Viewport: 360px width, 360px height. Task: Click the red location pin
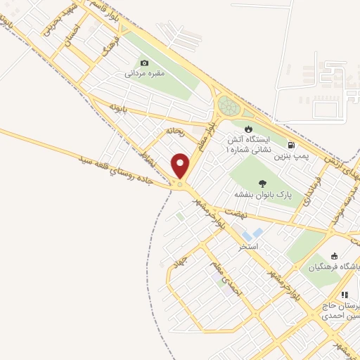pyautogui.click(x=181, y=166)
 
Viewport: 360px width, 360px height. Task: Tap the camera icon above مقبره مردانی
pyautogui.click(x=145, y=63)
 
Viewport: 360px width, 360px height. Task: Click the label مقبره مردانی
pyautogui.click(x=145, y=73)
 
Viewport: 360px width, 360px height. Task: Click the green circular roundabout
pyautogui.click(x=228, y=107)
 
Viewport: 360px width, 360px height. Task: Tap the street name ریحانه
pyautogui.click(x=175, y=131)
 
